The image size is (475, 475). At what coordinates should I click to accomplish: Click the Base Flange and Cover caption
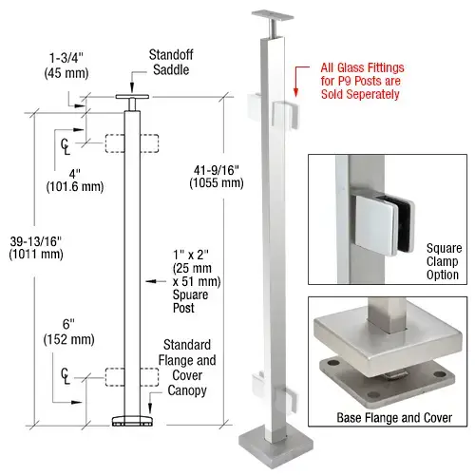tap(390, 416)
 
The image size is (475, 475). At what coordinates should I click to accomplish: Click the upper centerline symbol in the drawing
tap(66, 144)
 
